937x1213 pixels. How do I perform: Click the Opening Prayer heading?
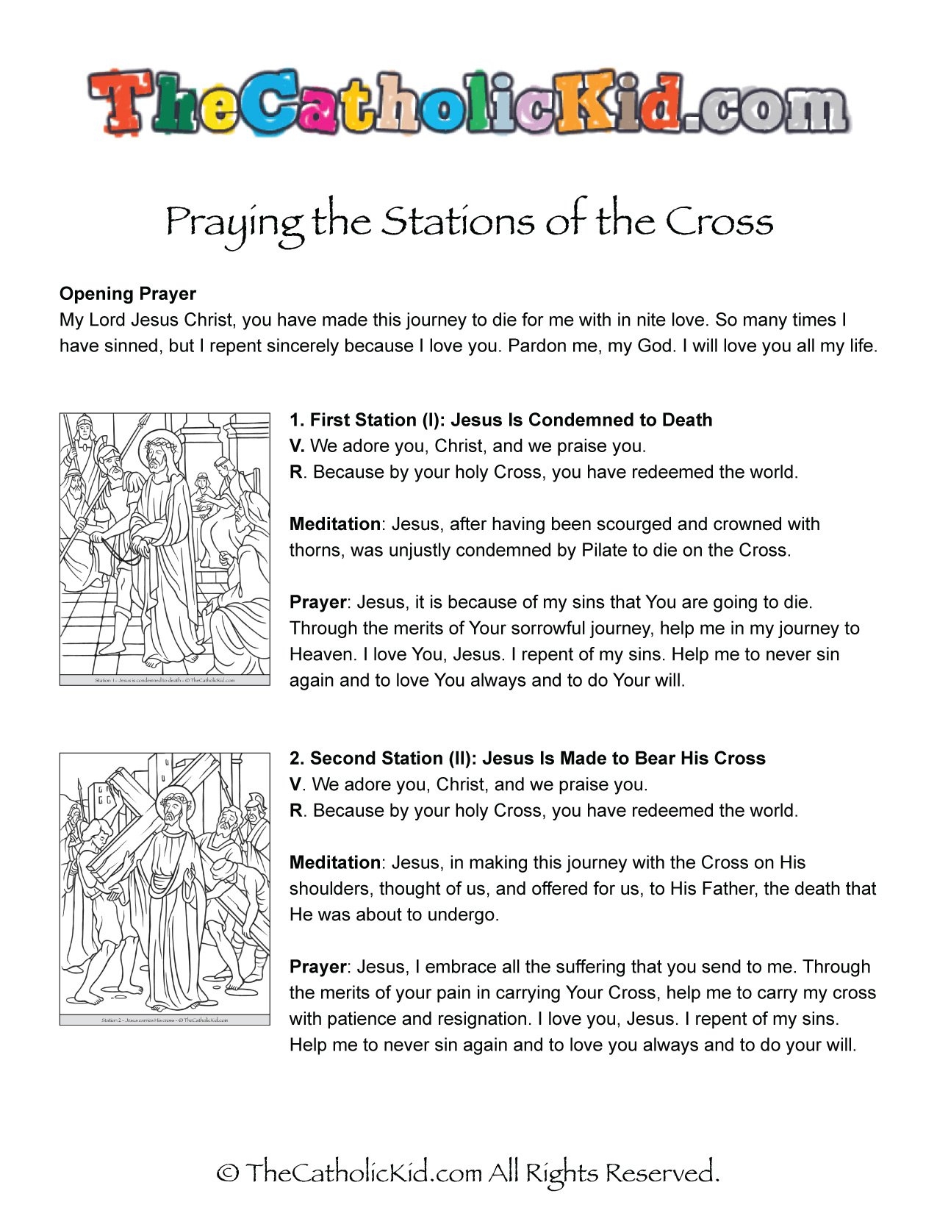[x=127, y=294]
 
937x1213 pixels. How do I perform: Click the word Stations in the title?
[x=456, y=221]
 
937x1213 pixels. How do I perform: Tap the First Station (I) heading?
[x=500, y=420]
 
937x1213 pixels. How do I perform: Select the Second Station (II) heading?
[x=527, y=758]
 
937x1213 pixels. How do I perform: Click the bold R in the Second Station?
[x=295, y=810]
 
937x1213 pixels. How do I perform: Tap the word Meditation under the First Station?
[x=334, y=524]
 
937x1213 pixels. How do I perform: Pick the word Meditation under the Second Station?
[x=334, y=862]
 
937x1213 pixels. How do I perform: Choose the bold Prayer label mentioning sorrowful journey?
[x=317, y=602]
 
